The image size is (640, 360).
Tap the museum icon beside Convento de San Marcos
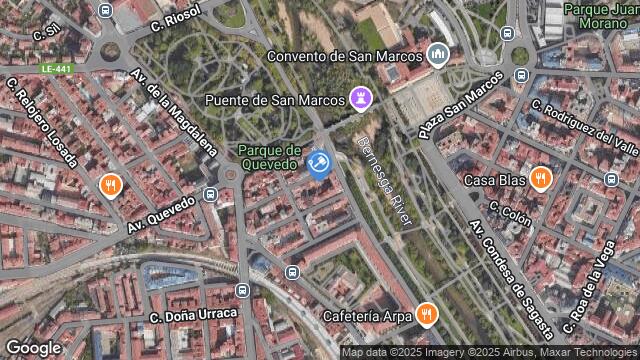coord(437,53)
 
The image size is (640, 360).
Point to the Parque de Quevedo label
coord(269,157)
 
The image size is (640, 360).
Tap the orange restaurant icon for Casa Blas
coord(541,179)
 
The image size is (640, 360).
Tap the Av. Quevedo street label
coord(163,212)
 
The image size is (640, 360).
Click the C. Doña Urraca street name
coord(193,315)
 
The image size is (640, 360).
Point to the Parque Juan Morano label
coord(599,15)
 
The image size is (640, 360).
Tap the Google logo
coord(33,347)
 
